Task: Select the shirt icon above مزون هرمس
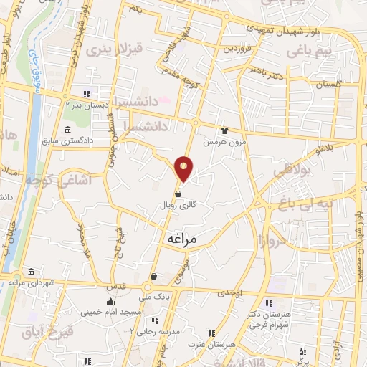click(224, 131)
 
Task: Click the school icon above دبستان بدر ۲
click(85, 93)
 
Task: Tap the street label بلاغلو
click(326, 150)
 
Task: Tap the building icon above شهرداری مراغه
click(30, 272)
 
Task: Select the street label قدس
click(116, 285)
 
